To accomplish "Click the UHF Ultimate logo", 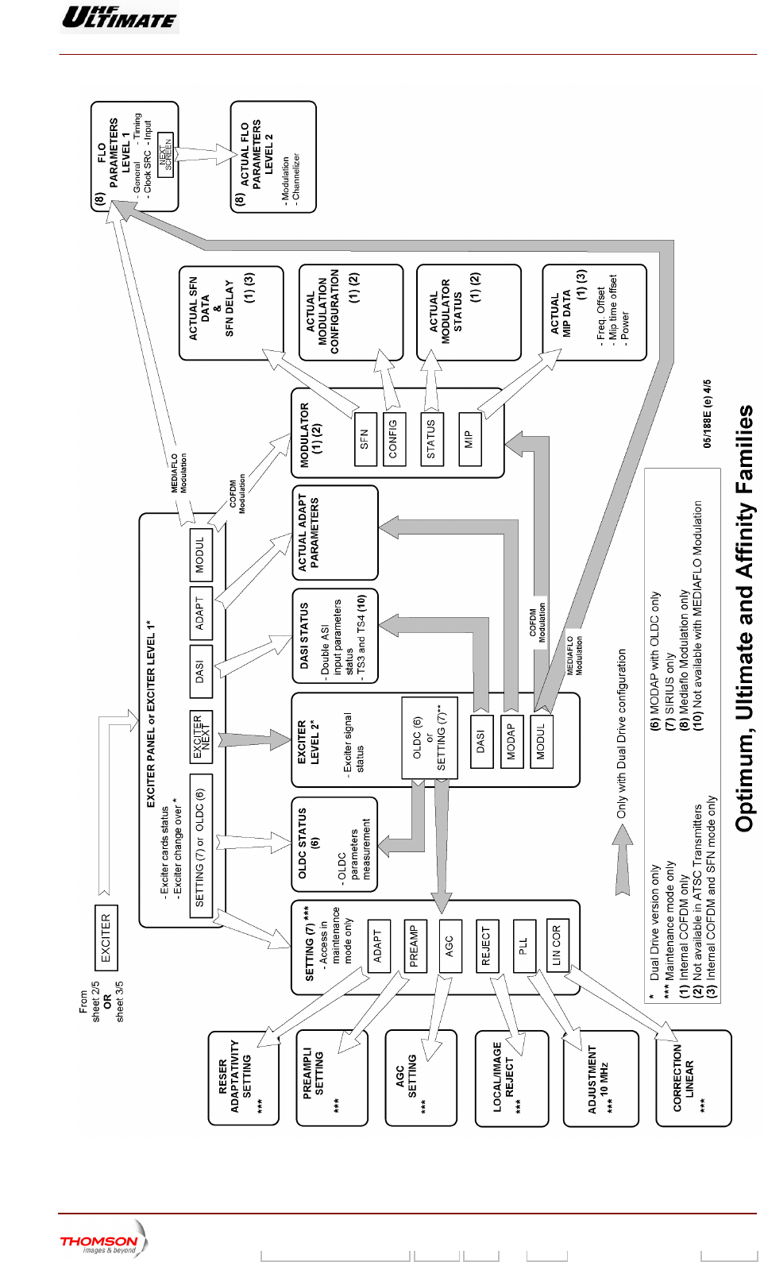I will pyautogui.click(x=119, y=17).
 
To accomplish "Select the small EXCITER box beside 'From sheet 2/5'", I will pyautogui.click(x=106, y=937).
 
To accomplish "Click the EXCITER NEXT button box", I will pyautogui.click(x=202, y=736).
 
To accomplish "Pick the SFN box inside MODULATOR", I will pyautogui.click(x=364, y=439).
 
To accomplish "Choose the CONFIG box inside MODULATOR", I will pyautogui.click(x=393, y=438).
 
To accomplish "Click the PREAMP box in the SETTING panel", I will pyautogui.click(x=413, y=945).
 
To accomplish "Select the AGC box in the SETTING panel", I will pyautogui.click(x=450, y=945).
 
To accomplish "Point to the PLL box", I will pyautogui.click(x=524, y=945).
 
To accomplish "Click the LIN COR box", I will pyautogui.click(x=558, y=945).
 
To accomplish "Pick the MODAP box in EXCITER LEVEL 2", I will pyautogui.click(x=511, y=740).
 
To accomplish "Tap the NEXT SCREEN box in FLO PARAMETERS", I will pyautogui.click(x=165, y=155).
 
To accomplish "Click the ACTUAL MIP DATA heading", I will pyautogui.click(x=561, y=314).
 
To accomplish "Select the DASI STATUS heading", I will pyautogui.click(x=304, y=635).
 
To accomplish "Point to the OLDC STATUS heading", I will pyautogui.click(x=307, y=843).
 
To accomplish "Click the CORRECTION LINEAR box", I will pyautogui.click(x=683, y=1077).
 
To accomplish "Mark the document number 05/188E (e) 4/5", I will pyautogui.click(x=707, y=413).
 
